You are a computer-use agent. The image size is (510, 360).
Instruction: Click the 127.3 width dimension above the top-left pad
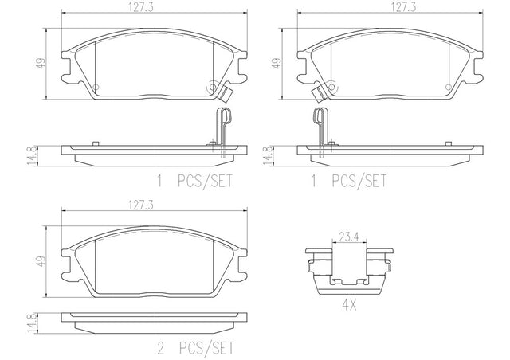(140, 8)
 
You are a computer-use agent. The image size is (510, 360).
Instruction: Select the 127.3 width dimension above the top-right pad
(403, 7)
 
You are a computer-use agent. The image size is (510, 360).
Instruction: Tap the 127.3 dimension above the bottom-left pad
(140, 205)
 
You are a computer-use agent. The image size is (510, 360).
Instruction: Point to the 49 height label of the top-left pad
(41, 63)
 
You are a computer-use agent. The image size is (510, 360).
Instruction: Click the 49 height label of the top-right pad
(277, 63)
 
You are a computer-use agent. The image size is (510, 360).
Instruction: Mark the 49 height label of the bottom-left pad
(41, 261)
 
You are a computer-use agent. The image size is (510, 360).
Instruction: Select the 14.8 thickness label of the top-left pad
(32, 156)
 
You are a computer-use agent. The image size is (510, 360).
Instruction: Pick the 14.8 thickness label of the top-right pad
(268, 156)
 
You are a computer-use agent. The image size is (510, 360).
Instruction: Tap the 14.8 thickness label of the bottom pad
(32, 323)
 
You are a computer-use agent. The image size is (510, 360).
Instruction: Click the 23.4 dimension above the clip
(349, 237)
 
